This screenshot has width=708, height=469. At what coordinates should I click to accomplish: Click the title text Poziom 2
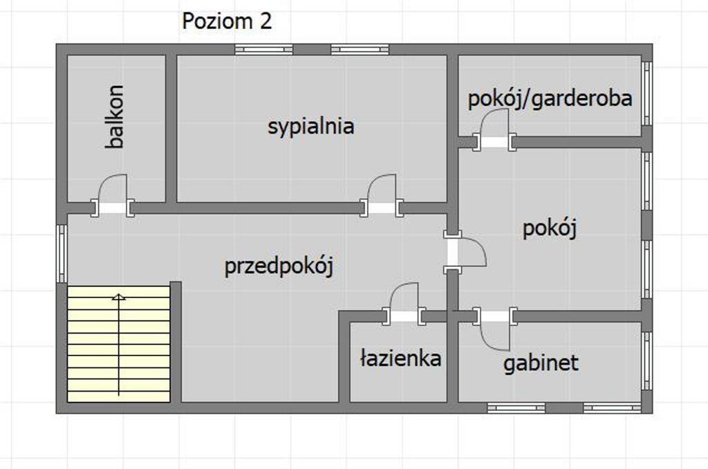point(227,21)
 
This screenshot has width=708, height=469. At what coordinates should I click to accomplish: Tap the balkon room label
point(115,117)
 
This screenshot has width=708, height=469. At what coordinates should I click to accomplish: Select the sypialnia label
point(310,127)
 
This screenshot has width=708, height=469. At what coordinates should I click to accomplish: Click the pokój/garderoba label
point(550,99)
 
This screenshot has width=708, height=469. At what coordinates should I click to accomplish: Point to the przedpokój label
point(279,266)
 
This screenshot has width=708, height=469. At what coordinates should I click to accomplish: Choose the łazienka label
point(400,358)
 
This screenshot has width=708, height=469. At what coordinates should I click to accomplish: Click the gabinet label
point(541,363)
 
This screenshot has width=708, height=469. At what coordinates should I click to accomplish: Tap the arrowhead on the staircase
point(119,297)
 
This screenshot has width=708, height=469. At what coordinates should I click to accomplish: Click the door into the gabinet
point(495,329)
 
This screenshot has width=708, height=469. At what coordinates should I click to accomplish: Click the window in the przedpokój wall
point(62,253)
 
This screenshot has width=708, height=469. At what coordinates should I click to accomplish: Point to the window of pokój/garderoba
point(647,93)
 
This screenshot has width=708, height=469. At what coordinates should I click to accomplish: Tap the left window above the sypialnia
point(264,50)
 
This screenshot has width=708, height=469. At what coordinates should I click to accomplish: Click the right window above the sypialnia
point(360,50)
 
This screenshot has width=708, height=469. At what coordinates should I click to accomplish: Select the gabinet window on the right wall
point(647,361)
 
